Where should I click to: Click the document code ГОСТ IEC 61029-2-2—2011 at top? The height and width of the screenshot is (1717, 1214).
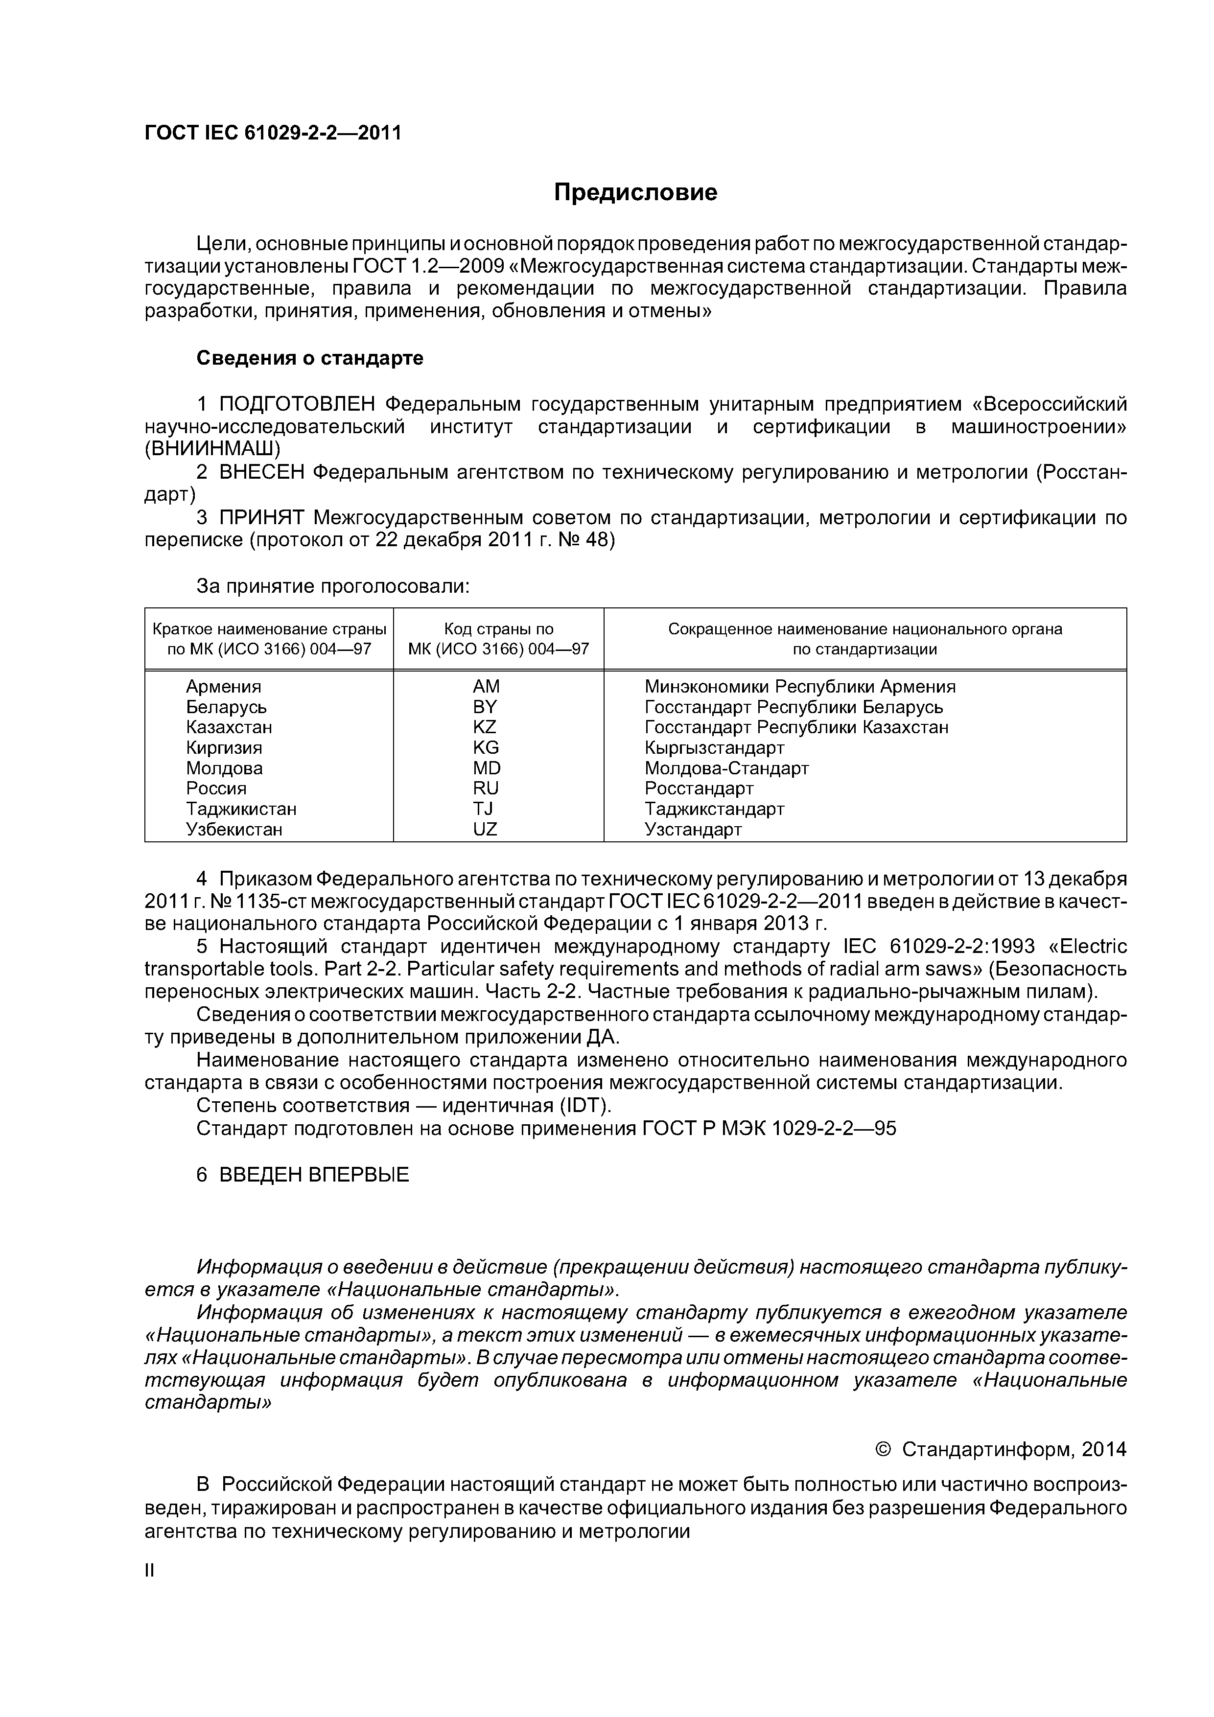[x=273, y=133]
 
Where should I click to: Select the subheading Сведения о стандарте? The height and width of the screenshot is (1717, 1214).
[x=310, y=358]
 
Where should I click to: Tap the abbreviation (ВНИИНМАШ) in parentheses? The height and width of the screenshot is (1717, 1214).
[x=212, y=449]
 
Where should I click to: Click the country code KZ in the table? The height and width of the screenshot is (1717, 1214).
[x=485, y=727]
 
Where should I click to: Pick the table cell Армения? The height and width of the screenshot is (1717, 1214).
[x=224, y=687]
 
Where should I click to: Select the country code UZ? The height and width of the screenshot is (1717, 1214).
[x=485, y=829]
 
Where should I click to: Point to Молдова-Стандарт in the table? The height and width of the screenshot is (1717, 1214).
[x=726, y=768]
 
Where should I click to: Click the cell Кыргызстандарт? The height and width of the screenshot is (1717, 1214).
[x=714, y=748]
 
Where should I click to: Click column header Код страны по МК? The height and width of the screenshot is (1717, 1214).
[x=498, y=639]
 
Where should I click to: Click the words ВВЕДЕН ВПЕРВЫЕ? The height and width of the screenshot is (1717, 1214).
[x=314, y=1175]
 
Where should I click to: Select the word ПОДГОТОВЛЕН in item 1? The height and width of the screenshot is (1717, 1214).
[x=297, y=405]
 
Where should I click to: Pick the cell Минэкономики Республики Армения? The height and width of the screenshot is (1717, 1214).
[x=799, y=687]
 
